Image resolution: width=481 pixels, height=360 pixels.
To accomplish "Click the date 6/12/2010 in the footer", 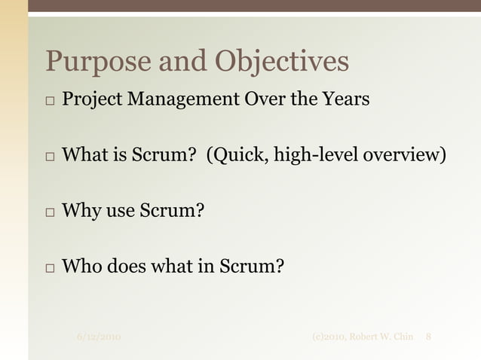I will tap(99, 336).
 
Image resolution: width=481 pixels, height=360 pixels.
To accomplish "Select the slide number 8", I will tap(428, 336).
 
